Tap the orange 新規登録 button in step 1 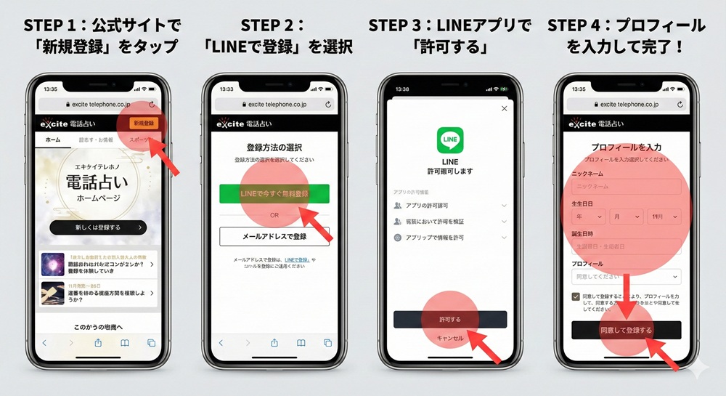[143, 124]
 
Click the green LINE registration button [274, 194]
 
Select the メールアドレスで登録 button [274, 236]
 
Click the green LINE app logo [450, 140]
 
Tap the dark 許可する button [450, 319]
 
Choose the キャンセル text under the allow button [450, 339]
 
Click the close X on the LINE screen [505, 108]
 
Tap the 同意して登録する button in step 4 [626, 330]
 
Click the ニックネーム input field [626, 187]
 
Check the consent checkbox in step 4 [576, 296]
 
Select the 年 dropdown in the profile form [589, 217]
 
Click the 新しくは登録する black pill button [98, 227]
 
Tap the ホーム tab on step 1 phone [52, 140]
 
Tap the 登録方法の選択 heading [274, 146]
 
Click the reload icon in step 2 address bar [328, 104]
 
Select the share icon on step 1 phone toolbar [98, 343]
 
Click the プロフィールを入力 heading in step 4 [626, 147]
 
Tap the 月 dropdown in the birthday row [626, 217]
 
